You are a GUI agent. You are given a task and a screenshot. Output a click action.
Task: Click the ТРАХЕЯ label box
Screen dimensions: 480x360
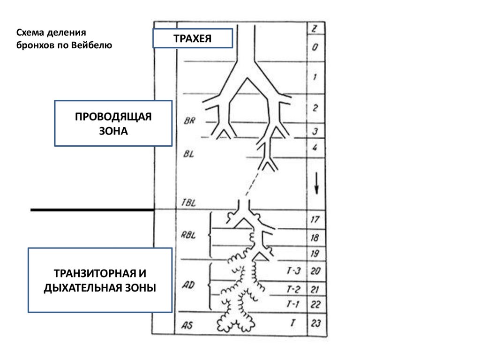pos(192,38)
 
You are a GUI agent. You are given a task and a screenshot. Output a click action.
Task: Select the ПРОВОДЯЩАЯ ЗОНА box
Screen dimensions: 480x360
pos(113,123)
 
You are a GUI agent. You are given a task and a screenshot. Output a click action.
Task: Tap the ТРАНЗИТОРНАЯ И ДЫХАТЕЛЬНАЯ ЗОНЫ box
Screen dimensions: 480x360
pos(100,280)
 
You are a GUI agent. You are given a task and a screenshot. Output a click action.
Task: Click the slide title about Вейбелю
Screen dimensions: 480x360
pos(64,39)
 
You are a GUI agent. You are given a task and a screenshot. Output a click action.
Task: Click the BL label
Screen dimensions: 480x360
pos(188,155)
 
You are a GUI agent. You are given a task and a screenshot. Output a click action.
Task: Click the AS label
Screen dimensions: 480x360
pos(187,324)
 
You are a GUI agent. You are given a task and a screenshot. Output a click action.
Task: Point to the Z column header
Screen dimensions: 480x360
pos(315,29)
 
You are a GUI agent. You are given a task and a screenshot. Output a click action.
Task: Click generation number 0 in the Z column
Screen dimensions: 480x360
pos(315,47)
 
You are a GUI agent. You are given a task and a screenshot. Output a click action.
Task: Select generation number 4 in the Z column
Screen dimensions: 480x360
pos(315,148)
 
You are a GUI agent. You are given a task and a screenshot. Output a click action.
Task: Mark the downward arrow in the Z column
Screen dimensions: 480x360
pos(317,183)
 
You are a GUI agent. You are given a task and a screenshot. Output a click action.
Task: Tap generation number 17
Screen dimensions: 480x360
pos(315,219)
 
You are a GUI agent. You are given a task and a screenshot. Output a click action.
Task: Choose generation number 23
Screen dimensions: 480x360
pos(315,323)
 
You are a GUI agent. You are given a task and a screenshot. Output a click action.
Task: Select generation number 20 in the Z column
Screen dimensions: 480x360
pos(315,271)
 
